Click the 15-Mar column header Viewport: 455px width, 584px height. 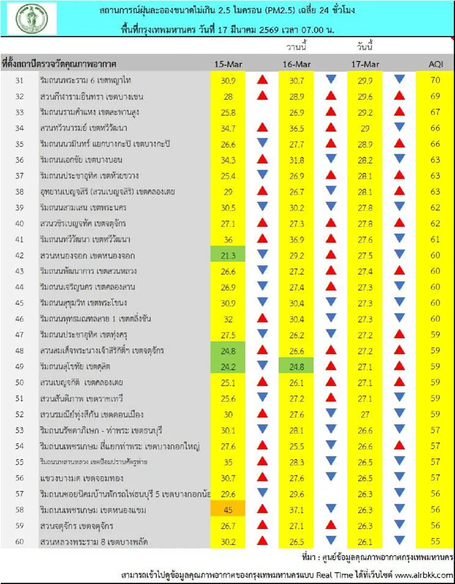[228, 64]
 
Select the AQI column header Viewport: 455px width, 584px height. [436, 64]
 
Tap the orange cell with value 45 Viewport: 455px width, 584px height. [228, 510]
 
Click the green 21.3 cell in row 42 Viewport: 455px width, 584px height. [228, 256]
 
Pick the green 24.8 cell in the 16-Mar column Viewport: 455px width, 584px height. [296, 367]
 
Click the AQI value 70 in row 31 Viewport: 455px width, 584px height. [435, 80]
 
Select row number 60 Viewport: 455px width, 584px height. [19, 542]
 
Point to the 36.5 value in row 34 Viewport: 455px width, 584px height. [296, 128]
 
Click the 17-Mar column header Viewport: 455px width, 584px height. [365, 64]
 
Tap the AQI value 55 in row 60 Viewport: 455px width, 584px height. [435, 542]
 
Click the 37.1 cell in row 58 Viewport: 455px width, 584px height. [296, 510]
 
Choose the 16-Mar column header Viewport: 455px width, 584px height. [296, 64]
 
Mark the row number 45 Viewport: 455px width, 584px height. [19, 303]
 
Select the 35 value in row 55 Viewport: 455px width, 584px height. [228, 462]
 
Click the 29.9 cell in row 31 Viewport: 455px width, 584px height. [365, 80]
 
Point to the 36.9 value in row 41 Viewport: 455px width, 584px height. [296, 240]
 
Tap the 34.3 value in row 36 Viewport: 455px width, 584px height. [228, 160]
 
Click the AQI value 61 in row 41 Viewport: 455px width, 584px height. [435, 240]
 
